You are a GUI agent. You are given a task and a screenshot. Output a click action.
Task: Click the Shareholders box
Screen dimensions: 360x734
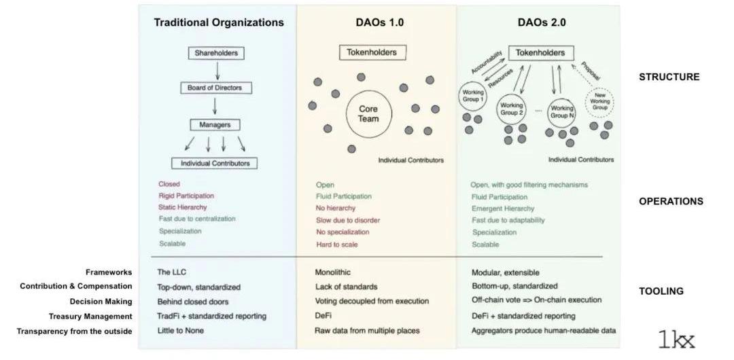pos(215,53)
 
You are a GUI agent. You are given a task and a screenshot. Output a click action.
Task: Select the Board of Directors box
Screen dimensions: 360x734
pos(215,88)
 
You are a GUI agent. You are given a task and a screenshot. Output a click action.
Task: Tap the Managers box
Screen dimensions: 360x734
pos(215,125)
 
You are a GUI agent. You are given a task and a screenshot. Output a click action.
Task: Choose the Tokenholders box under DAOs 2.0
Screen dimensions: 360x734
pos(540,52)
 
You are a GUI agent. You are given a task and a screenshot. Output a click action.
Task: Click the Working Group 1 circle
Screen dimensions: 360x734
pos(472,96)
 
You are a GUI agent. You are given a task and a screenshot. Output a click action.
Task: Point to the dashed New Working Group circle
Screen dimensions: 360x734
pos(600,103)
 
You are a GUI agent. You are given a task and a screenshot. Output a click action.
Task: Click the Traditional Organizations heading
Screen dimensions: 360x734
pos(219,22)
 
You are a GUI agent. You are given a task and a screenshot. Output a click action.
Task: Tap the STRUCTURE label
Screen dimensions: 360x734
pos(669,77)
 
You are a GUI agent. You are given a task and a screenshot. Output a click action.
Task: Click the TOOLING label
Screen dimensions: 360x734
pos(661,291)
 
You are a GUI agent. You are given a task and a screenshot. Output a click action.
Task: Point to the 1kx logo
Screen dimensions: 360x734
pos(676,339)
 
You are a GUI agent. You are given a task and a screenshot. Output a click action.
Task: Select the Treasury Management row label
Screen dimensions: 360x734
pos(90,317)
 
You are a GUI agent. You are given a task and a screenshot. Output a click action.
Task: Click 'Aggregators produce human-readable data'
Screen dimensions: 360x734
pos(544,331)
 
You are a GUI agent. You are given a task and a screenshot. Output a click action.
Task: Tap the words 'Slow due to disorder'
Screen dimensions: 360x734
pos(348,220)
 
